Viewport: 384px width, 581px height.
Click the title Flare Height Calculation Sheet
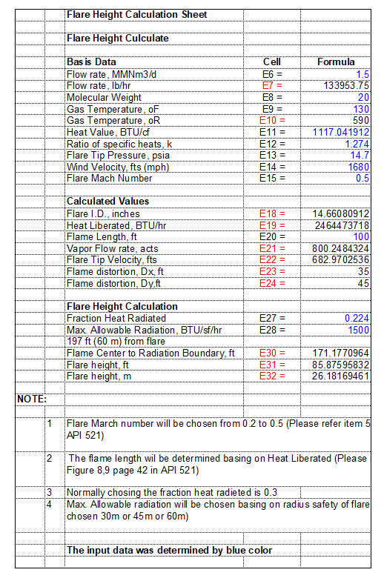click(x=136, y=15)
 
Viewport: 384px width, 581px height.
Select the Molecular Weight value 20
click(x=363, y=97)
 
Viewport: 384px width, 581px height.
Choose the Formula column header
click(x=336, y=62)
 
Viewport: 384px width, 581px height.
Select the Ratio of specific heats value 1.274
click(x=357, y=143)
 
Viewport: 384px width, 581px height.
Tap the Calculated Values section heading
click(x=107, y=202)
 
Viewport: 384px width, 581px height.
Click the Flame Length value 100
click(x=361, y=236)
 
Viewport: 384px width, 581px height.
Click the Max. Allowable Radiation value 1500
click(x=359, y=329)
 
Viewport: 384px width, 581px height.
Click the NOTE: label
click(x=32, y=399)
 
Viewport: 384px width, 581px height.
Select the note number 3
click(x=50, y=492)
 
